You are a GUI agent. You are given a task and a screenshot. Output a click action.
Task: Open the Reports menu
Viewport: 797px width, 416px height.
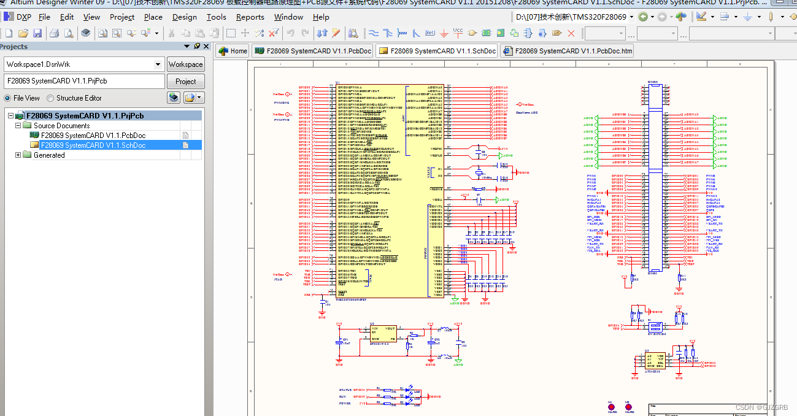[x=250, y=17]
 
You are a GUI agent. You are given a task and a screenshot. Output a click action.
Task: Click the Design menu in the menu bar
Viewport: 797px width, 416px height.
[x=184, y=17]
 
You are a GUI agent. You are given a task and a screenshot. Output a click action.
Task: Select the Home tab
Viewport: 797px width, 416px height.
[x=233, y=51]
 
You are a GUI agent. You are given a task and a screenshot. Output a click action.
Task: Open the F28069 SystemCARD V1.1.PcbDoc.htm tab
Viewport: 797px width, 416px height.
[x=567, y=51]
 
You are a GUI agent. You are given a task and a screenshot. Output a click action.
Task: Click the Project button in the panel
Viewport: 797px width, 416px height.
[x=185, y=81]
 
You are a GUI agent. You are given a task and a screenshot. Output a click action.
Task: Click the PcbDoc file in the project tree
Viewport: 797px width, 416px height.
[x=93, y=135]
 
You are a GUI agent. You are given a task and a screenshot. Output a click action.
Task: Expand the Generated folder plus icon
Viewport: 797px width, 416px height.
[x=18, y=155]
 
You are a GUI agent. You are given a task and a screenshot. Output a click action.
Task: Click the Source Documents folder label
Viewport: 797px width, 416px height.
[x=61, y=125]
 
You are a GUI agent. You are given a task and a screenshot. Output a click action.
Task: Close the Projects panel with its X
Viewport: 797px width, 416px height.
[x=206, y=46]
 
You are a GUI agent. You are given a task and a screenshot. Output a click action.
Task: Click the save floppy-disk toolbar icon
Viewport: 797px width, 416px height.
[x=37, y=33]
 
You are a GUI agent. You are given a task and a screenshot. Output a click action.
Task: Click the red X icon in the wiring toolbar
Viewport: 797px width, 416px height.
[x=571, y=33]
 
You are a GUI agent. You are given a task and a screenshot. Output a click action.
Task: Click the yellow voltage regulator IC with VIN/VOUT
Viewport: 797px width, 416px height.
[x=383, y=335]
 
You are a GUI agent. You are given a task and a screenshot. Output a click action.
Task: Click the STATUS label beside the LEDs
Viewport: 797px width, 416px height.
[x=345, y=390]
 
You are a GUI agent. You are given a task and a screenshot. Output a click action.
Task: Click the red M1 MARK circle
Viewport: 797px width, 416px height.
[x=610, y=407]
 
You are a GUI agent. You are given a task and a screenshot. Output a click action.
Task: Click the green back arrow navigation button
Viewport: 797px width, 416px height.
[x=643, y=17]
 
